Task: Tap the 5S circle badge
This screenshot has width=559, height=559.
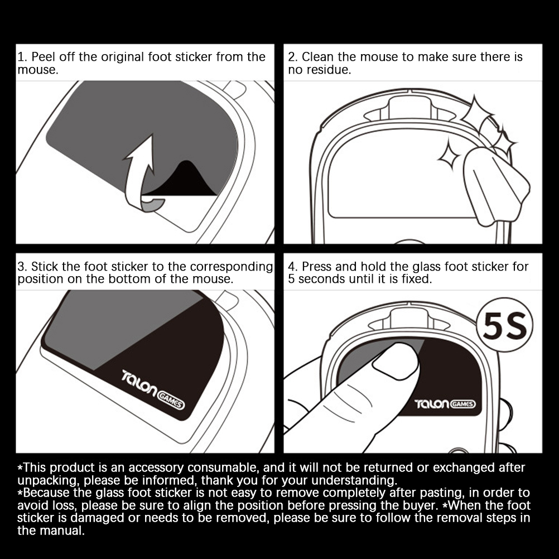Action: pyautogui.click(x=504, y=325)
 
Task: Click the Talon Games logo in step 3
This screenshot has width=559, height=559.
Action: pyautogui.click(x=153, y=389)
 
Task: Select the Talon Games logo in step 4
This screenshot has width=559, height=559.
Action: pyautogui.click(x=445, y=404)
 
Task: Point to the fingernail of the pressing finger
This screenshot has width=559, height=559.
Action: pyautogui.click(x=396, y=361)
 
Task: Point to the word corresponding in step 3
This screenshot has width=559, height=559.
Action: pyautogui.click(x=232, y=267)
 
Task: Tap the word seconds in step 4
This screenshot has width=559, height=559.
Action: pyautogui.click(x=321, y=279)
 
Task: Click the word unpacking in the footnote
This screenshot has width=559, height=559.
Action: pyautogui.click(x=47, y=481)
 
